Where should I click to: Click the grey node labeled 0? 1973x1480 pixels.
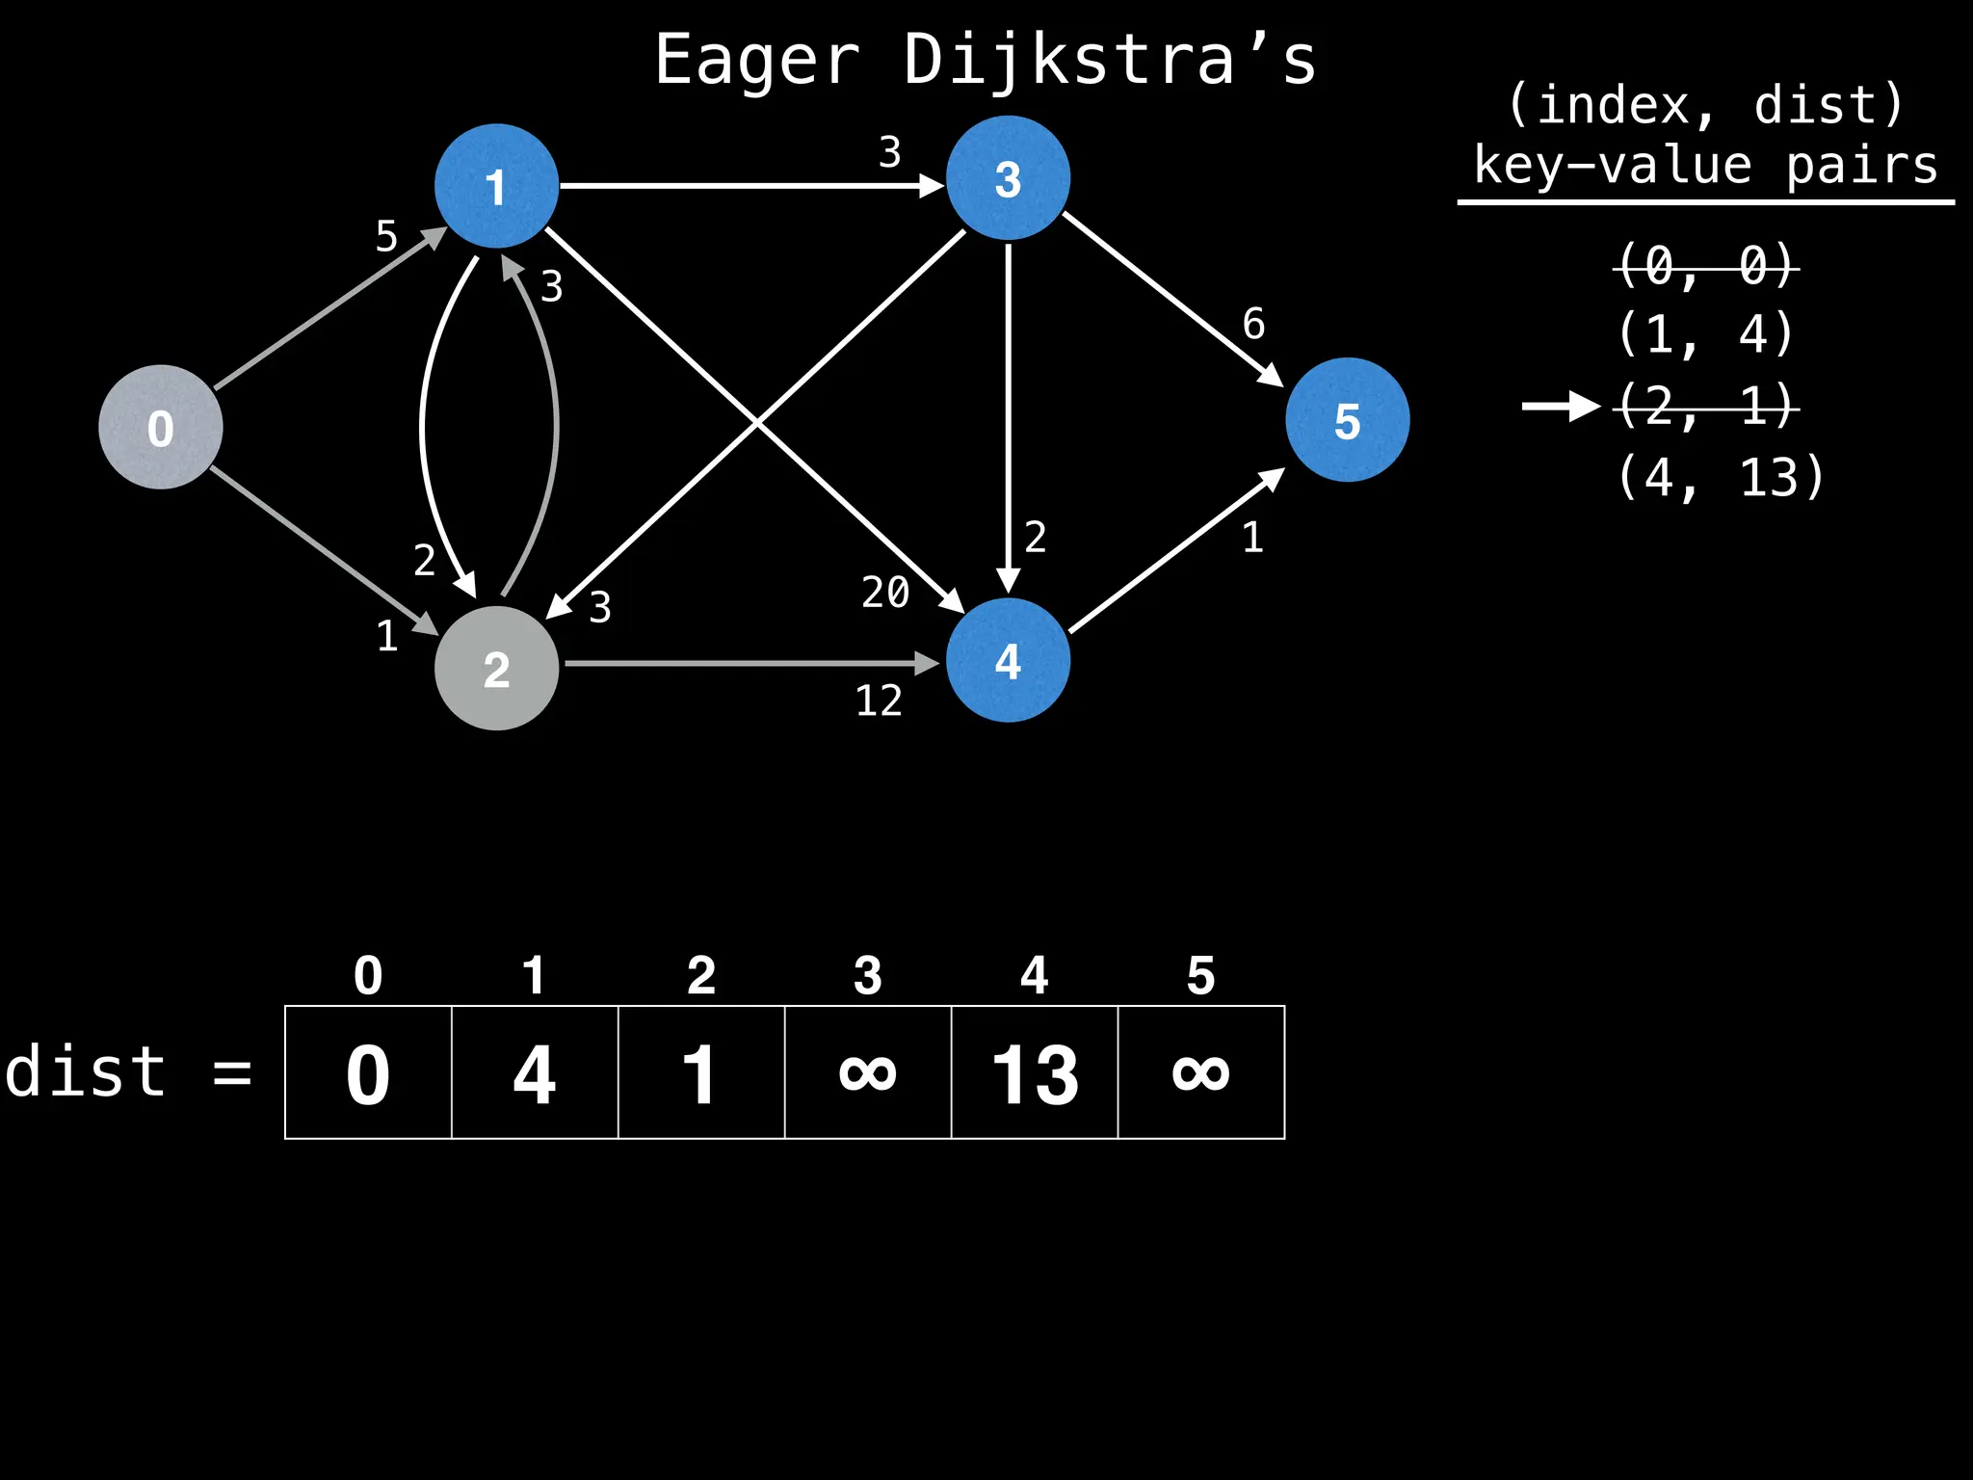[161, 427]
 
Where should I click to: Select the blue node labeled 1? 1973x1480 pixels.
[496, 186]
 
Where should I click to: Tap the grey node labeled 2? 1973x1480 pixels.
[496, 668]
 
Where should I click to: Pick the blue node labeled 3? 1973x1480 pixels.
[1008, 178]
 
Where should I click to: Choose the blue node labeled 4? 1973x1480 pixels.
[1008, 660]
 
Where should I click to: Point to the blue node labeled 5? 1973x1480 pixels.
[1347, 420]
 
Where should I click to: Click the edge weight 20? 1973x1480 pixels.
[885, 592]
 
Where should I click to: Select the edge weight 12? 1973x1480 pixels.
[879, 700]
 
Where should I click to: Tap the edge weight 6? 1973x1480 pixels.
[1253, 324]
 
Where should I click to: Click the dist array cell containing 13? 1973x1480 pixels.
[1035, 1072]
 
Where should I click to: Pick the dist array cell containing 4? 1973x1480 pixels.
[535, 1072]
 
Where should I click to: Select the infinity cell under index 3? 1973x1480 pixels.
[868, 1072]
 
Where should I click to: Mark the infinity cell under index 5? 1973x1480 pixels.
[1201, 1072]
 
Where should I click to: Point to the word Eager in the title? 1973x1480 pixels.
[757, 60]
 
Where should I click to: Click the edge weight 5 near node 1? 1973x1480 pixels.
[386, 236]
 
